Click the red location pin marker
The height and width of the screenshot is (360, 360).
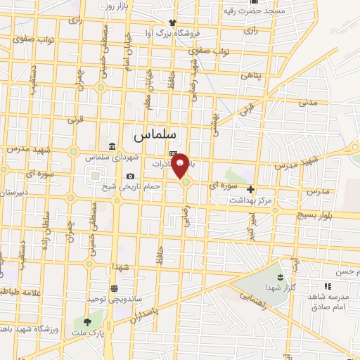(x=181, y=165)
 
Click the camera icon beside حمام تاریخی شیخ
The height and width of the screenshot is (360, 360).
(x=130, y=176)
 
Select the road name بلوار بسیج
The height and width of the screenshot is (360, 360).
(x=333, y=214)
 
